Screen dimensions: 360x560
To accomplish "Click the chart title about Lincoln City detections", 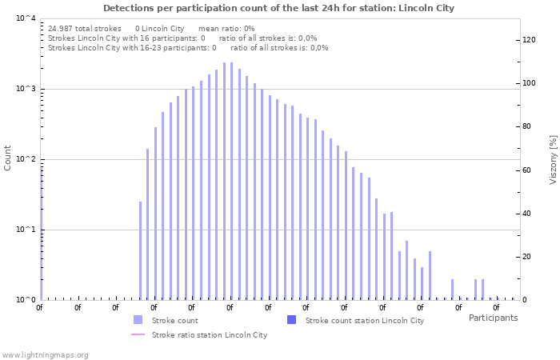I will click(278, 8).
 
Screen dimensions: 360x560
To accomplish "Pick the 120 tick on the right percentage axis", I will click(528, 40).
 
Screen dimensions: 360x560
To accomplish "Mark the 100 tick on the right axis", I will click(528, 83).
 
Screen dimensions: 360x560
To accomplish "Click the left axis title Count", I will click(8, 158).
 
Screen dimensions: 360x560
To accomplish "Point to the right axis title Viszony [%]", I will click(552, 159).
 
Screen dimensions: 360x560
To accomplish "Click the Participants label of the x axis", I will click(493, 318).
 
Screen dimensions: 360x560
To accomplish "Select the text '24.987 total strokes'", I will click(85, 28).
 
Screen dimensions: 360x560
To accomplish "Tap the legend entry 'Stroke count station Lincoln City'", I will click(365, 320).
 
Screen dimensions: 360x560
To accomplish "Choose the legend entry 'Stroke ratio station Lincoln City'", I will click(210, 334).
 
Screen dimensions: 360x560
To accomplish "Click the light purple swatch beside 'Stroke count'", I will click(138, 320).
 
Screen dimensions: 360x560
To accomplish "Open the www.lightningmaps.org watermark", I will click(45, 354).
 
